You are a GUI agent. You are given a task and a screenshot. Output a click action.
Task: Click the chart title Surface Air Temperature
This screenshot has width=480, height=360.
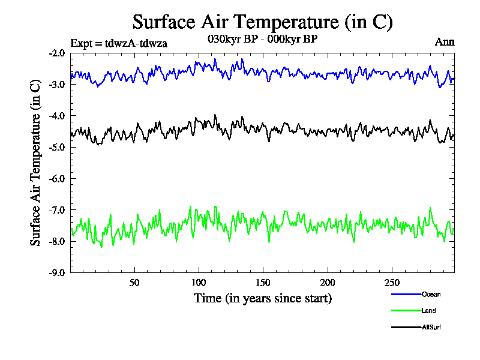[262, 22]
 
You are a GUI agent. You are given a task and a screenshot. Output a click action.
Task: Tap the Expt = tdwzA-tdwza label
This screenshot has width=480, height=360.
[119, 43]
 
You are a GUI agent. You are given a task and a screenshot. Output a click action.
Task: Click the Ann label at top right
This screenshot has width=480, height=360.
[445, 42]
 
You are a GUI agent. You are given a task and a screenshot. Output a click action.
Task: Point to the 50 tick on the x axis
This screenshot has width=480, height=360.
[134, 283]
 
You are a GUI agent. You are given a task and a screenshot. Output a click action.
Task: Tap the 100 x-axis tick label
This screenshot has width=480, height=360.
[199, 283]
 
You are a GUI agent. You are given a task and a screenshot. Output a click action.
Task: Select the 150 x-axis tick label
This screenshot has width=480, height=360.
[263, 283]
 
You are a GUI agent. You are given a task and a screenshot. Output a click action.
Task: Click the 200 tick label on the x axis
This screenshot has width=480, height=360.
[327, 283]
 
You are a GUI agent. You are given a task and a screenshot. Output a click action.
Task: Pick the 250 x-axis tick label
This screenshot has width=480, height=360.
[391, 283]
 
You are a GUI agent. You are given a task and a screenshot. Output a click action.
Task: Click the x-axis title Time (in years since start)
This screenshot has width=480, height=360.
[262, 298]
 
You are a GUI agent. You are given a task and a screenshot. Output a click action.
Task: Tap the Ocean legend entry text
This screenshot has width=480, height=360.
[431, 295]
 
